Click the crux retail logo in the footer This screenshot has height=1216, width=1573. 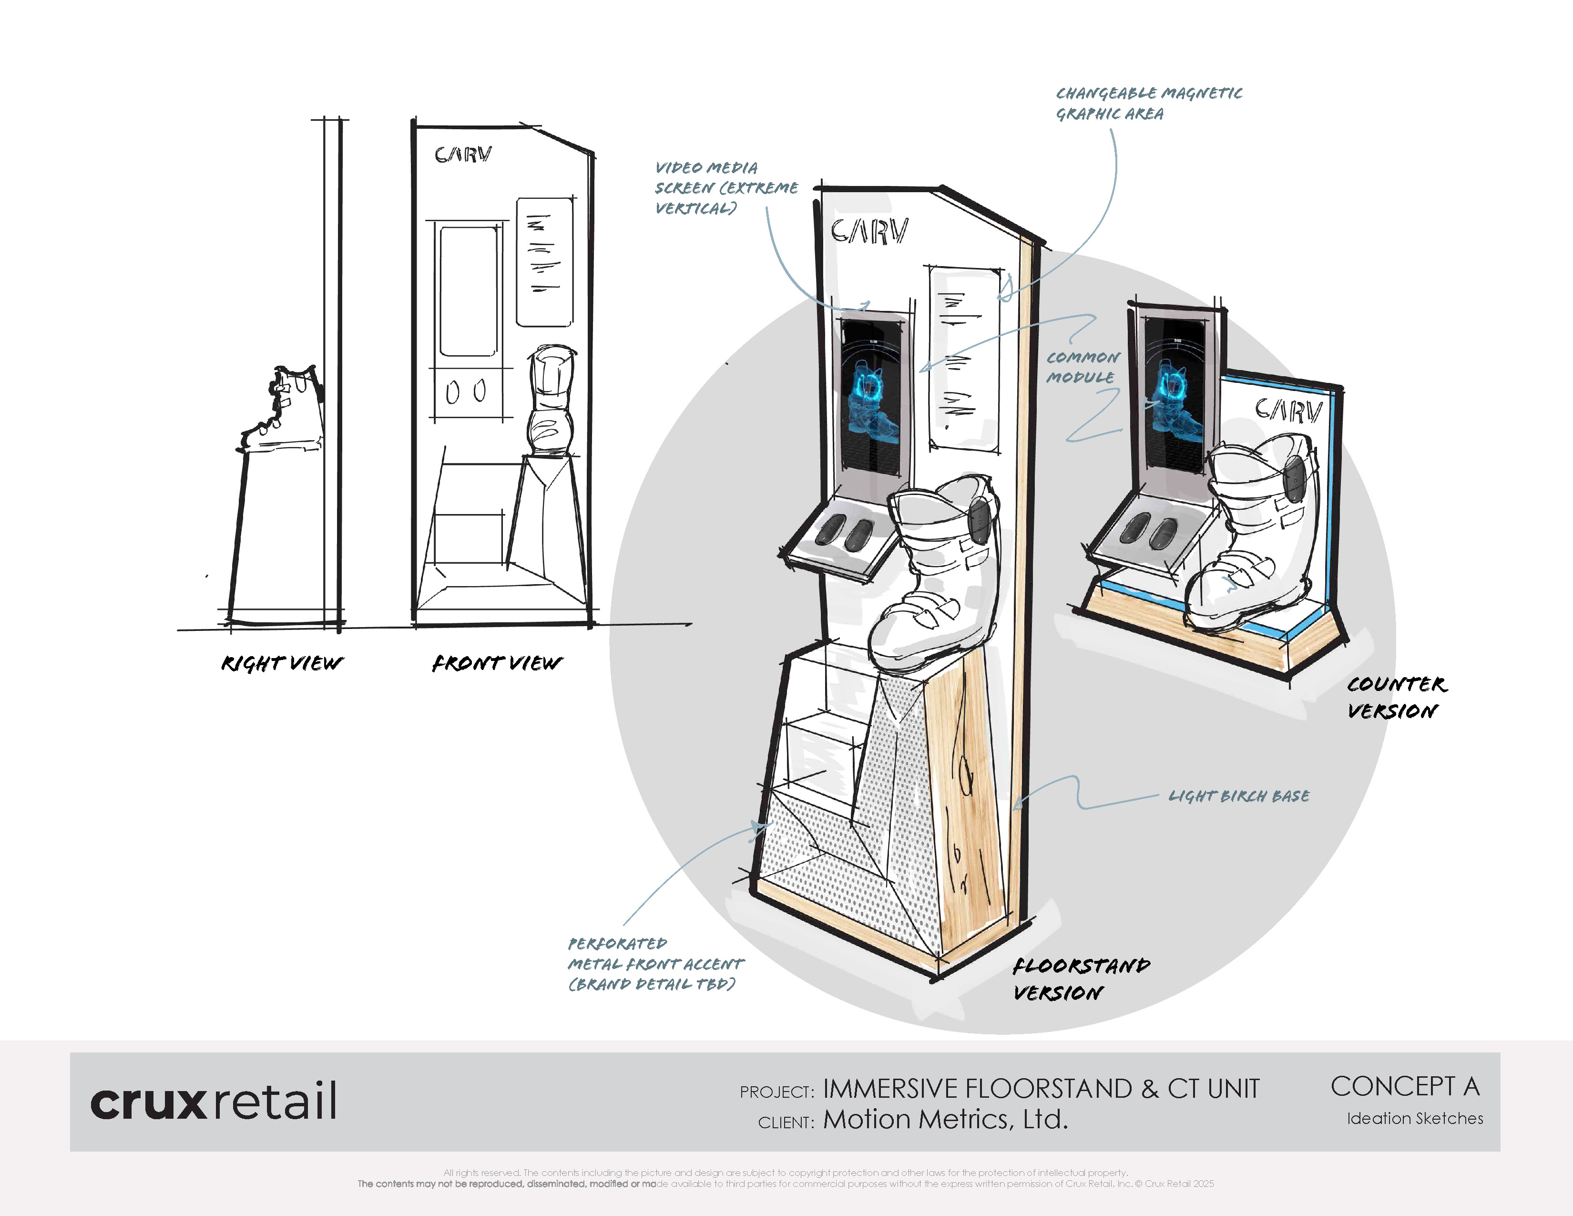213,1101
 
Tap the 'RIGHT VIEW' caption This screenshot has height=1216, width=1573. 282,663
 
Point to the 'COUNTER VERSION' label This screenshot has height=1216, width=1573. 1395,697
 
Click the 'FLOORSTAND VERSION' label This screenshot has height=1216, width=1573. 1080,978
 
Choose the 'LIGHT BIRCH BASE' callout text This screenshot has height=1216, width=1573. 1239,796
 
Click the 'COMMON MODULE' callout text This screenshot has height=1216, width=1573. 1083,367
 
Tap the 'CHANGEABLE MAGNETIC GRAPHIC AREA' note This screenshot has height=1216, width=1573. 1148,103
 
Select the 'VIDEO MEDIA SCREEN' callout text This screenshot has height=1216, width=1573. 725,187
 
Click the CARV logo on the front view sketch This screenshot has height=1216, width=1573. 463,155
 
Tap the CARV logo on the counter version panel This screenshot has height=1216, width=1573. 1288,410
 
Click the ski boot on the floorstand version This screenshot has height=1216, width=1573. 936,577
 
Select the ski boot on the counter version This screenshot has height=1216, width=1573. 1257,533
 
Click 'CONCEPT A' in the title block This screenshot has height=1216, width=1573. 1404,1086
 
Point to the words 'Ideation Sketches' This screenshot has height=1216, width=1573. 1415,1118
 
